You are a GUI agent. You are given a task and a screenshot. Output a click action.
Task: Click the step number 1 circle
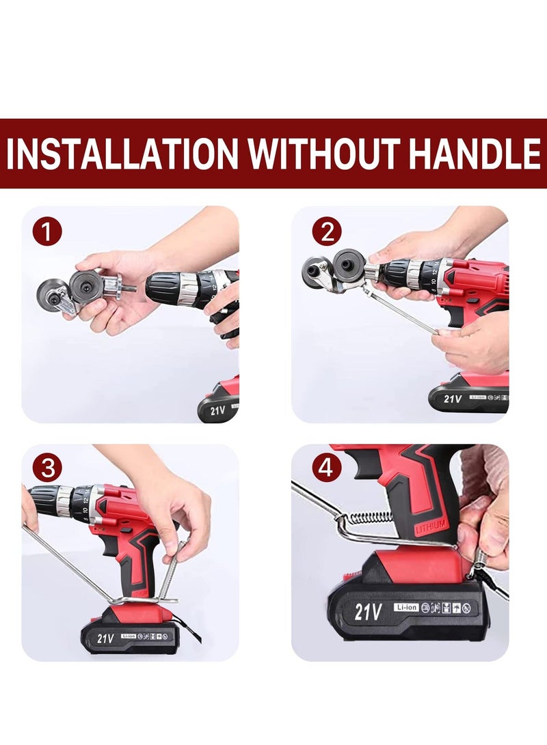click(x=46, y=232)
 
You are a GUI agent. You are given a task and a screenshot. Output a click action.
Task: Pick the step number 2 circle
click(x=326, y=232)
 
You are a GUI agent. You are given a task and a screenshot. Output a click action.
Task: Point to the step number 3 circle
click(x=46, y=468)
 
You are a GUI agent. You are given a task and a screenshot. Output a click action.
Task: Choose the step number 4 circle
click(x=326, y=468)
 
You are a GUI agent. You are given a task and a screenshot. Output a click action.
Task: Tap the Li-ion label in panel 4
click(x=405, y=606)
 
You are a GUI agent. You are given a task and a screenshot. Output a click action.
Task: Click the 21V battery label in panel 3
click(x=105, y=638)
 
